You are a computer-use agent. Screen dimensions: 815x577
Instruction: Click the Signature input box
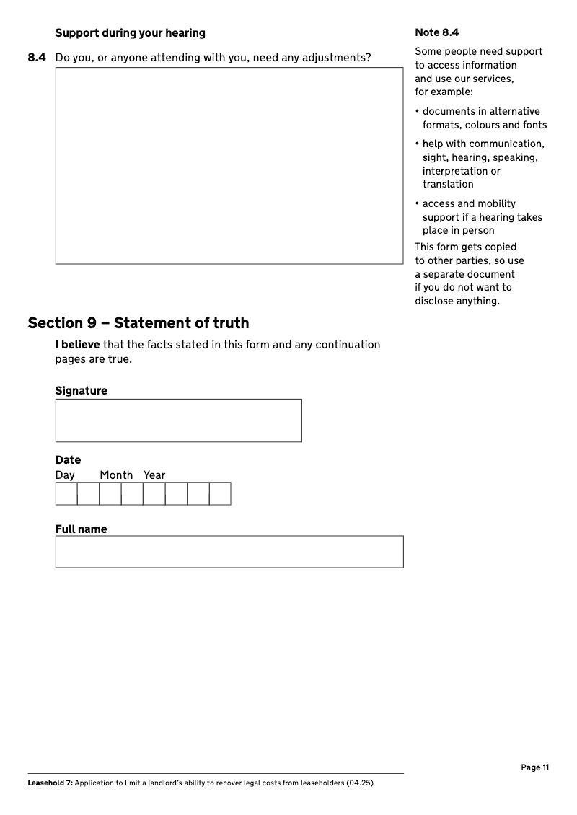(178, 420)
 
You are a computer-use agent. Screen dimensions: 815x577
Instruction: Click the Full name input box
(229, 552)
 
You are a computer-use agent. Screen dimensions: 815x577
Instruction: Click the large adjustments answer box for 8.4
(229, 166)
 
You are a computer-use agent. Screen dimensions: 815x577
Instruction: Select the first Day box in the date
(66, 494)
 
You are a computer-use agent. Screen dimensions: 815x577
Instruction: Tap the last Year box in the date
(220, 494)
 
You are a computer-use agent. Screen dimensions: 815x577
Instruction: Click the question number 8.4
(37, 57)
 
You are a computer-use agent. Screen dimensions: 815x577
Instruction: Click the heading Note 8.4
(436, 32)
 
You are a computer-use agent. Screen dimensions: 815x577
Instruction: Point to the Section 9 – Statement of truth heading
(138, 322)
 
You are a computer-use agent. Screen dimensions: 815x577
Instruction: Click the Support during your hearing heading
(130, 33)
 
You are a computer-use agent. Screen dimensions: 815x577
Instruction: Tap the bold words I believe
(77, 345)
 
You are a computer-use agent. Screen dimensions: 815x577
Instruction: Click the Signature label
(81, 391)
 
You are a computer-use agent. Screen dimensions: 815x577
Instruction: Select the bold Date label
(68, 460)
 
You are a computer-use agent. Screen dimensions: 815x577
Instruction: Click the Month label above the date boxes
(116, 475)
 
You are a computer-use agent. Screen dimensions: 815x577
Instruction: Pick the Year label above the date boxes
(154, 475)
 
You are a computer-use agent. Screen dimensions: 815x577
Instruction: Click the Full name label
(81, 529)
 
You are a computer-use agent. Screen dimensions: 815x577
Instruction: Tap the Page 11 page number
(534, 767)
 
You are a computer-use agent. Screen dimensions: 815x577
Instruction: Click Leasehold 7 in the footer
(49, 783)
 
